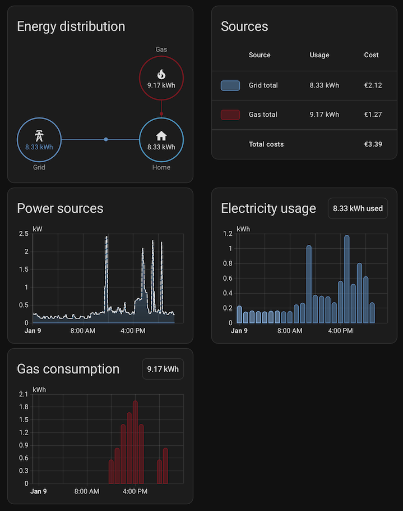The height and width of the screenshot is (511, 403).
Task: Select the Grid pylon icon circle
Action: tap(39, 139)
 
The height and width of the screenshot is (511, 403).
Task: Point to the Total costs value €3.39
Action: tap(373, 144)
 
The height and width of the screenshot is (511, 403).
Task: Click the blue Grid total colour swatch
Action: tap(230, 85)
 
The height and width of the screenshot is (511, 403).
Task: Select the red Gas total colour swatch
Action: tap(230, 115)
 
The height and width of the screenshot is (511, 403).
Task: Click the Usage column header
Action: tap(319, 55)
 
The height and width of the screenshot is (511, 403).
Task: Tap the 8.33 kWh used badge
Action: tap(358, 208)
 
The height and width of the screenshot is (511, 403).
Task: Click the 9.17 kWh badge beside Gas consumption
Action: tap(163, 369)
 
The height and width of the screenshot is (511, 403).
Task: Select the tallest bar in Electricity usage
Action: tap(347, 279)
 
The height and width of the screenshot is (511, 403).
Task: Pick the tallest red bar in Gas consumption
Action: tap(135, 442)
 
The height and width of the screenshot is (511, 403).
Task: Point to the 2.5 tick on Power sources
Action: tap(24, 234)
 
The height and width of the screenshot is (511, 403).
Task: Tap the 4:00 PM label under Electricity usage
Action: tap(340, 331)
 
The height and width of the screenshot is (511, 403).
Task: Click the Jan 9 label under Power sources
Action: tap(33, 331)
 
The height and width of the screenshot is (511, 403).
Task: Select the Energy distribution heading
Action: tap(71, 26)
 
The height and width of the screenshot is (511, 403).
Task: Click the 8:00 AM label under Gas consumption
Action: tap(86, 491)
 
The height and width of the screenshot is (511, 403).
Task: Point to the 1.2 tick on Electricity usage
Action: tap(227, 234)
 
